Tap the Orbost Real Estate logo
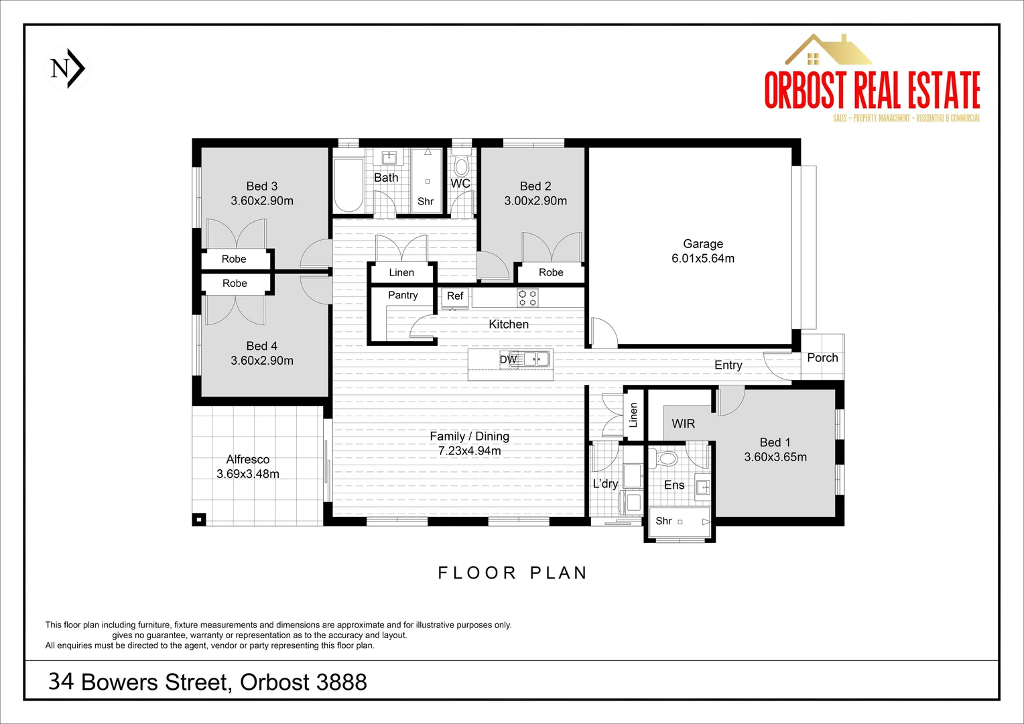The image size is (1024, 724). coord(872,80)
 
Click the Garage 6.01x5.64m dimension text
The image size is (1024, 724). coord(703,259)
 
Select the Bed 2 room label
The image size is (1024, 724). coord(535,186)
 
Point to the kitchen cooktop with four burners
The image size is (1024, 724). coord(527,298)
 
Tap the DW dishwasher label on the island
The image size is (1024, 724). coord(508,359)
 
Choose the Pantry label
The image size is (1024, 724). coord(403,295)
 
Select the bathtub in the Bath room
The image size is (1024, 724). coord(348,185)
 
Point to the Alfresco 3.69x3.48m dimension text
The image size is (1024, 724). coord(248,474)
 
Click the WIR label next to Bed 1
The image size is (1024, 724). coord(683,424)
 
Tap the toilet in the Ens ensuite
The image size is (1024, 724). coord(666,459)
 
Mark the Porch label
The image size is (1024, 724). coord(822,358)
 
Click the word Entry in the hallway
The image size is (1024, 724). coord(728,365)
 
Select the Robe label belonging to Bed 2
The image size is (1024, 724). coord(551,273)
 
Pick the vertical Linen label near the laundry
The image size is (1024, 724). coord(633,415)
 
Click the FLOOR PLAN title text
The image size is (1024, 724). coord(513,573)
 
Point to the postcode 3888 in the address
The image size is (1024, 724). coord(341,682)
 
